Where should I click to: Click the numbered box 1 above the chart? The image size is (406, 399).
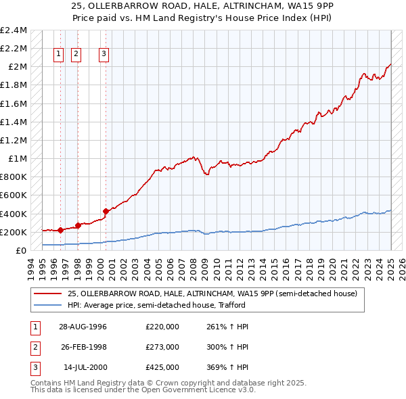click(58, 55)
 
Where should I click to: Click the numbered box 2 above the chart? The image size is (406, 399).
click(76, 55)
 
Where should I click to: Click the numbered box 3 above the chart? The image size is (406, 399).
click(104, 55)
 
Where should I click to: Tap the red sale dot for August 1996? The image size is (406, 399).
click(61, 230)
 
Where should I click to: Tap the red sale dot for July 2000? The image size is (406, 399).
click(106, 211)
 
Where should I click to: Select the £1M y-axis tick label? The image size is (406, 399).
click(17, 159)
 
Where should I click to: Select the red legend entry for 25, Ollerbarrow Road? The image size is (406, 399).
click(215, 294)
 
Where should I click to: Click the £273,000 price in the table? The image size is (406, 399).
click(162, 347)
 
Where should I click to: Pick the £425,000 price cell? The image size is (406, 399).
click(162, 367)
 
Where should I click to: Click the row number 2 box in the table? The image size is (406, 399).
click(35, 347)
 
